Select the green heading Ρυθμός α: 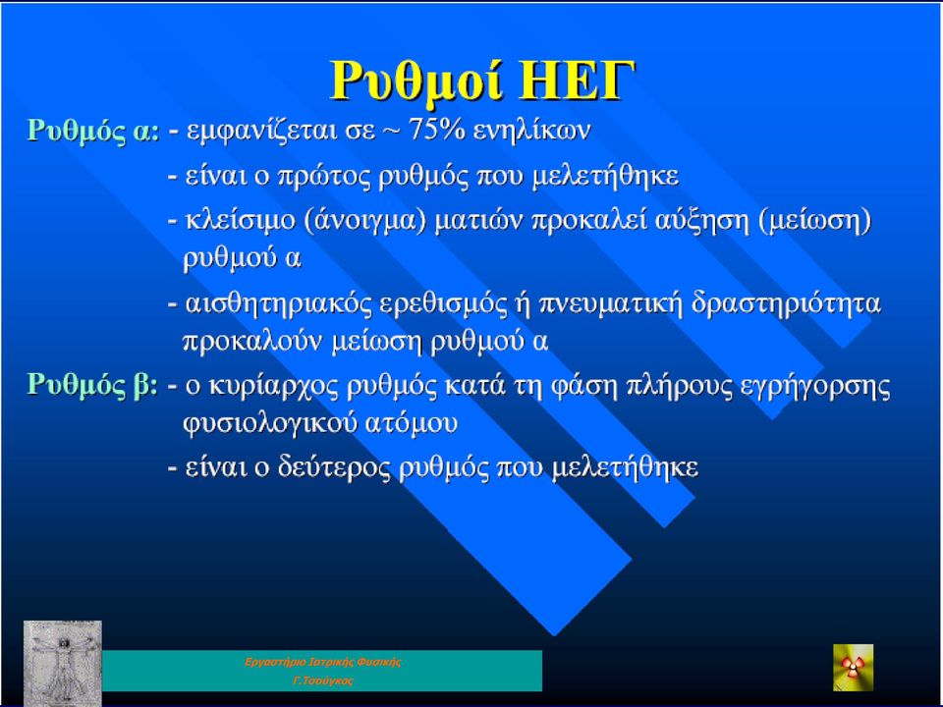[93, 131]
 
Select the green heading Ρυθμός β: [92, 385]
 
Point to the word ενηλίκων [531, 130]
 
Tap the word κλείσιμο [242, 221]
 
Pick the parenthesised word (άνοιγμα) [365, 221]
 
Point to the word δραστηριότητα [786, 303]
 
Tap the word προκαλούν [253, 342]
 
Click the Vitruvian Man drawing [63, 663]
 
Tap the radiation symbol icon [853, 668]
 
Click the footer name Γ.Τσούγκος [323, 681]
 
